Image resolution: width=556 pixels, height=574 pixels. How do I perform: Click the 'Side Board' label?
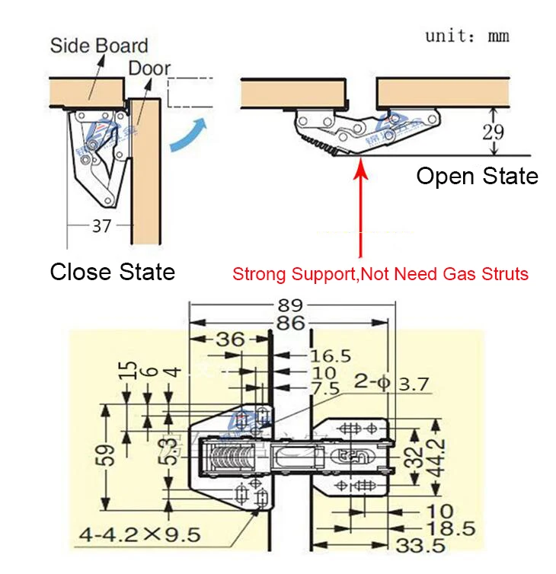pyautogui.click(x=99, y=45)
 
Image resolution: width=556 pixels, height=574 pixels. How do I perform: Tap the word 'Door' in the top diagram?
pyautogui.click(x=149, y=68)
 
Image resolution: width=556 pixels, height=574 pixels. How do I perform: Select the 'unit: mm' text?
pyautogui.click(x=467, y=36)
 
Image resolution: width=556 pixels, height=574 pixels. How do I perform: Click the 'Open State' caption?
pyautogui.click(x=477, y=177)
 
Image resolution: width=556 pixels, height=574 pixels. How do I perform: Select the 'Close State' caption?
pyautogui.click(x=112, y=272)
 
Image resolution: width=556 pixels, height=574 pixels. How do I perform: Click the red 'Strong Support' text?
pyautogui.click(x=380, y=274)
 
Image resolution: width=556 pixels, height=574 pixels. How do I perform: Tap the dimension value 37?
pyautogui.click(x=101, y=225)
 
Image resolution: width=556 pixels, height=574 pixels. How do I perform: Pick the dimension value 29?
pyautogui.click(x=494, y=131)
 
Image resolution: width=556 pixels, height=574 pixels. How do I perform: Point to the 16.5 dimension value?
pyautogui.click(x=331, y=356)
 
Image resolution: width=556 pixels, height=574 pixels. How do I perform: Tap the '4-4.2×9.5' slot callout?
pyautogui.click(x=139, y=534)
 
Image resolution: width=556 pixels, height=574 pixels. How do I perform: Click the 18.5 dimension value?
pyautogui.click(x=436, y=528)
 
